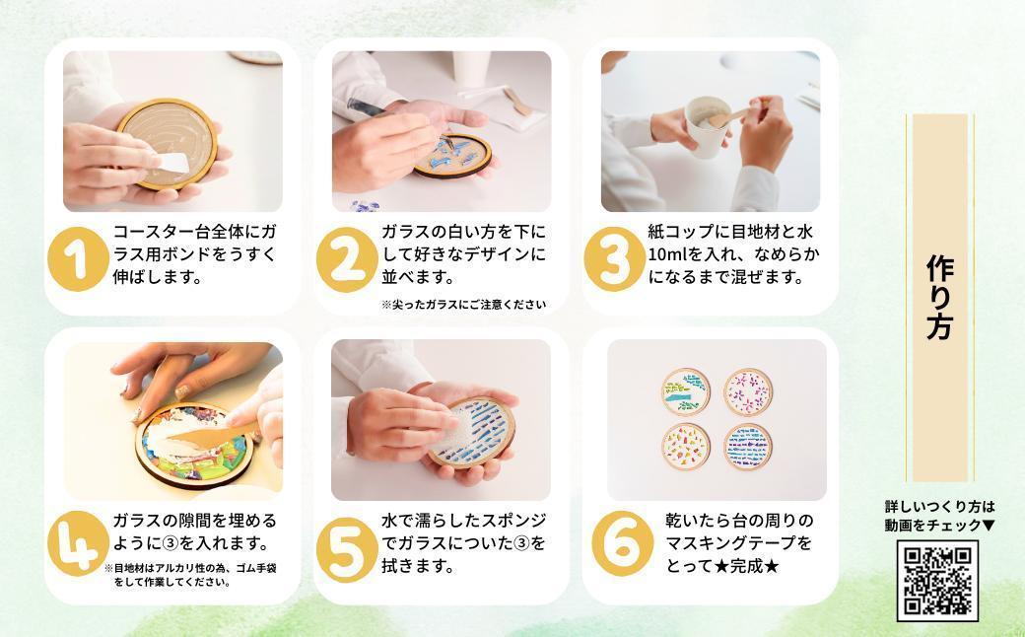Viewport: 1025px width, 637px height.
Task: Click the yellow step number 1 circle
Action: (79, 259)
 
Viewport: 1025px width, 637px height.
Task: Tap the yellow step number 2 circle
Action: (347, 259)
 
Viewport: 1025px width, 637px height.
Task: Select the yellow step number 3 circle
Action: (615, 259)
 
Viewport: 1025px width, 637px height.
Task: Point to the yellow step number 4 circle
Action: (79, 542)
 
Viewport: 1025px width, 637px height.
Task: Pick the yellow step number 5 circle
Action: (347, 549)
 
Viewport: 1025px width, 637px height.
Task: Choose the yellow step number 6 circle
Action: (623, 542)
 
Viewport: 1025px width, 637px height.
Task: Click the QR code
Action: (937, 581)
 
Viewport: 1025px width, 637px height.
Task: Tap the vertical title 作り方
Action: (940, 298)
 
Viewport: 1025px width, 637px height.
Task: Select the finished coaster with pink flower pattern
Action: (748, 391)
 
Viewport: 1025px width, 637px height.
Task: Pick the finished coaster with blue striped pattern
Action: (748, 448)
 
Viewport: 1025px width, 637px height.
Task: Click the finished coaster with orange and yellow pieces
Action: (686, 447)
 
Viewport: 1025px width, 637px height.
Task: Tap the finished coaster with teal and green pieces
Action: (686, 391)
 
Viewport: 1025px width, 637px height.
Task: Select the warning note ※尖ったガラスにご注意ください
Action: (464, 304)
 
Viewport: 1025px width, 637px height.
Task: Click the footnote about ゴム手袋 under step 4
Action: (190, 575)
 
